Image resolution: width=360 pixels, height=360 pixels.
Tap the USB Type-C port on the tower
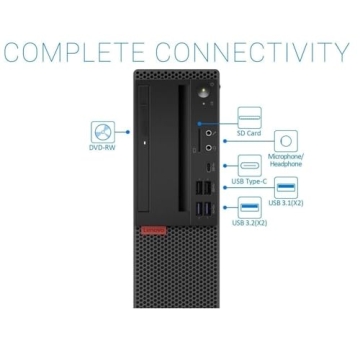[207, 168]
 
